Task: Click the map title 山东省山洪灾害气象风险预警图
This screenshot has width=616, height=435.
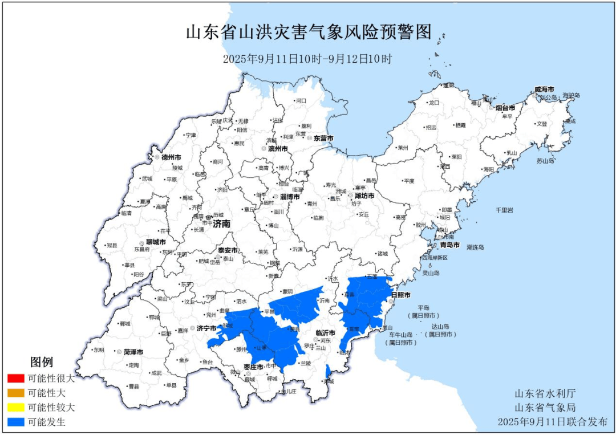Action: coord(308,32)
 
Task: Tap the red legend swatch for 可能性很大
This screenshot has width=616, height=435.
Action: coord(16,378)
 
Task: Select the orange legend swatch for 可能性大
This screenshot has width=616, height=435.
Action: coord(16,393)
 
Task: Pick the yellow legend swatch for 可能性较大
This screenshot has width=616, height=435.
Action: coord(16,408)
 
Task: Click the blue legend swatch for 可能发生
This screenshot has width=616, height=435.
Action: coord(16,422)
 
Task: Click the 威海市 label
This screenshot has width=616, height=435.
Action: coord(544,90)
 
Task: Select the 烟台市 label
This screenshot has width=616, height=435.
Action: coord(505,108)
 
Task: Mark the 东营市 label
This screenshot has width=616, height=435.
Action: coord(323,139)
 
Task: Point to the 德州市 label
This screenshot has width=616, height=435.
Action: coord(171,157)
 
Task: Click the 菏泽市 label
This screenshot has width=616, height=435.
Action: coord(133,352)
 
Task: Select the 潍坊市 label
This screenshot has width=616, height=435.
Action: coord(364,196)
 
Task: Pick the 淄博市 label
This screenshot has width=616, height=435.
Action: coord(290,197)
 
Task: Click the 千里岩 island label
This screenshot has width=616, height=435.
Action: coord(504,210)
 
